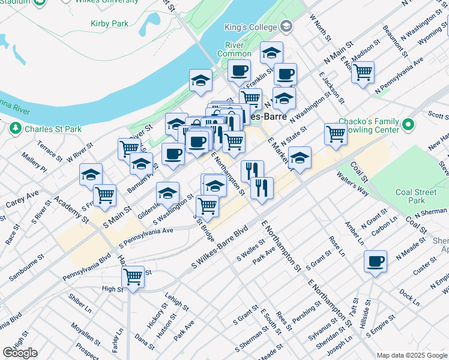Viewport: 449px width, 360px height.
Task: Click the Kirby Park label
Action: point(109,23)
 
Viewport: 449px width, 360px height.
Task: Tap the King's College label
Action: point(250,27)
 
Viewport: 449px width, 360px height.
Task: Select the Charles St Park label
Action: point(53,128)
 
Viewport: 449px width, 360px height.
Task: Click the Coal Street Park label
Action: point(416,196)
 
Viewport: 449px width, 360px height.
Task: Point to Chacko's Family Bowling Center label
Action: point(369,125)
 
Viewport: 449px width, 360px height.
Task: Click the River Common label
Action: point(234,49)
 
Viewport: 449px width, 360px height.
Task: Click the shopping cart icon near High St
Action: point(133,277)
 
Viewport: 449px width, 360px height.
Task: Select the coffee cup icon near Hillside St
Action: point(376,261)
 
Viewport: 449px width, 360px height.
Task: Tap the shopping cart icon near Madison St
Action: point(363,72)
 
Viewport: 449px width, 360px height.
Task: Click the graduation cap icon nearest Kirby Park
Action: point(201,80)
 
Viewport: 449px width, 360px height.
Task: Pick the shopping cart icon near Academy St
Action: point(105,194)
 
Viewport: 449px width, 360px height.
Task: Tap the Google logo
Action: point(20,353)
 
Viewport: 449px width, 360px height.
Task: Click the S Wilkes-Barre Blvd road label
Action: point(220,247)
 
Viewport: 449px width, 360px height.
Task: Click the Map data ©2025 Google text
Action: point(412,355)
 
